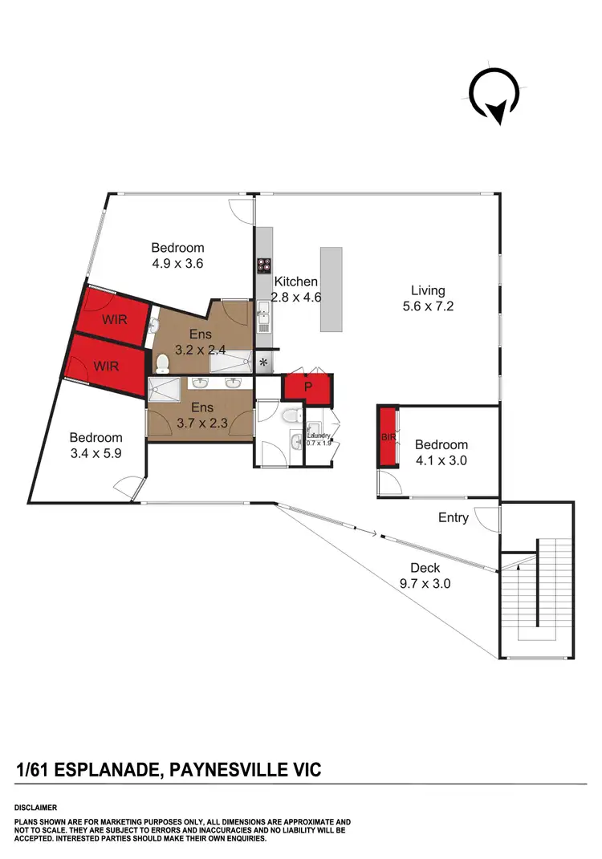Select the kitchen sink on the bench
262,323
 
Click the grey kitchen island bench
331,289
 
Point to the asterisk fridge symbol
262,363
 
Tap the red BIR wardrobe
388,437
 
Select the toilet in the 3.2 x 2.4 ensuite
163,363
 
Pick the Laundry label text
317,434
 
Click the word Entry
453,517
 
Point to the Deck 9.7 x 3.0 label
425,576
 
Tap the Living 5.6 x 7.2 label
428,298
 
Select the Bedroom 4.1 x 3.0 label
441,452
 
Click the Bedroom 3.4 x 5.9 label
96,445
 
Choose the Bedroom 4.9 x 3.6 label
177,255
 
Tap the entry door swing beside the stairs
486,518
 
